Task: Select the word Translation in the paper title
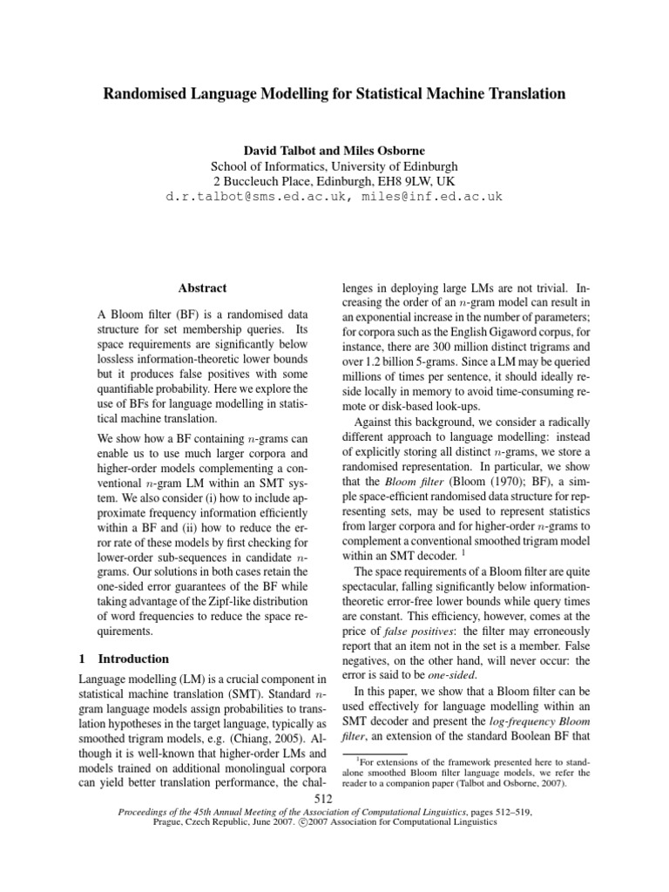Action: click(519, 92)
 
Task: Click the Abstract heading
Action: click(202, 287)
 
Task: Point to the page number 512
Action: click(334, 800)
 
